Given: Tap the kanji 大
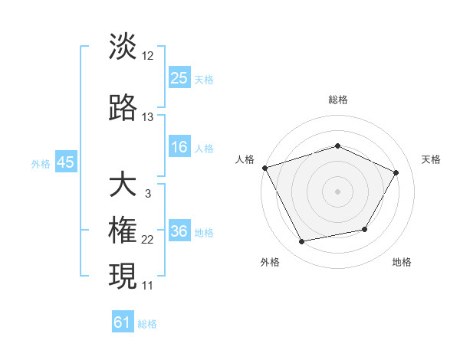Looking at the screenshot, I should click(x=123, y=185).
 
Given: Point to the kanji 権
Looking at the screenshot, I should click(x=123, y=231).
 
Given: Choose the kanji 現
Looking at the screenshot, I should click(x=123, y=276).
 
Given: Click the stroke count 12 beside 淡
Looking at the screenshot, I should click(x=148, y=55).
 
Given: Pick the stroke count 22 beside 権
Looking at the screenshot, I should click(x=148, y=240).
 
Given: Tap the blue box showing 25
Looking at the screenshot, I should click(x=179, y=77).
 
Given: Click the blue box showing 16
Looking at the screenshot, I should click(x=179, y=147).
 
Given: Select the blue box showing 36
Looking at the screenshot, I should click(x=179, y=231).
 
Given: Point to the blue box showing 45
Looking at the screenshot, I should click(x=65, y=162).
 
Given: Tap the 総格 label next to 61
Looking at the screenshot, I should click(x=147, y=324).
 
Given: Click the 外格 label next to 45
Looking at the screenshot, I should click(x=41, y=164).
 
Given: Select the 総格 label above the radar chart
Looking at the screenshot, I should click(x=337, y=100).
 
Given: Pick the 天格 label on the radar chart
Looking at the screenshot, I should click(x=431, y=159).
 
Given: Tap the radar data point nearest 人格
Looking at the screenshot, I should click(x=264, y=168).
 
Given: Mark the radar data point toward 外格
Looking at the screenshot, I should click(x=301, y=242).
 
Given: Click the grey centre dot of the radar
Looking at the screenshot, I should click(x=337, y=191).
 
